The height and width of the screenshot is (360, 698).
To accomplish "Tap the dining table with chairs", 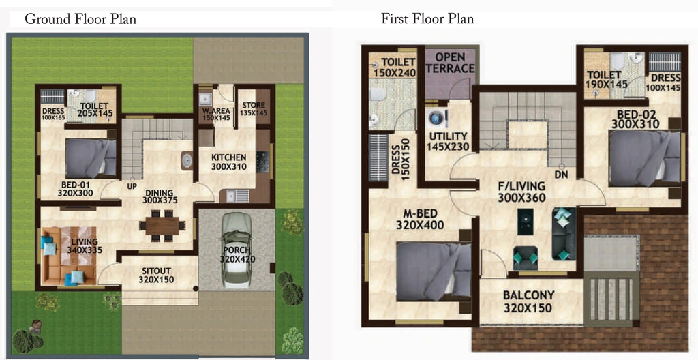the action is tap(162, 226).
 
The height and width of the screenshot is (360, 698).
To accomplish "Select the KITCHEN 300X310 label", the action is tap(229, 162).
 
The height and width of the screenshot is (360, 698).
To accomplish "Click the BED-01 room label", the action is tap(75, 188).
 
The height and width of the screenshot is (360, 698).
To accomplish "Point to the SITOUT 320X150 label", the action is tap(156, 275).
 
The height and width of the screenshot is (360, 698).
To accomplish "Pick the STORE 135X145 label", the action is tap(254, 109).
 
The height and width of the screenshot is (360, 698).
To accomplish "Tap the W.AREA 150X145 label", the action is tap(216, 115).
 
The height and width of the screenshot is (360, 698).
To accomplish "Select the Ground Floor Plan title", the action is tap(80, 18).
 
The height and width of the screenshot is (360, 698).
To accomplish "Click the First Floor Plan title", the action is tap(427, 18).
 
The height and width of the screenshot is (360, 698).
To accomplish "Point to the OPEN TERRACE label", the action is tap(450, 63).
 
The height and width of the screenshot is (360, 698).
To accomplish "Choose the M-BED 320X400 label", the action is tap(420, 220).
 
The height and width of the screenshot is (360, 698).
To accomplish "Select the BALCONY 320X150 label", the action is tap(528, 301).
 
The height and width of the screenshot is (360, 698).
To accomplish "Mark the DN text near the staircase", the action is tap(562, 175).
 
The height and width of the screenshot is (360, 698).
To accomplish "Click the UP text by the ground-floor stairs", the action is tap(132, 186).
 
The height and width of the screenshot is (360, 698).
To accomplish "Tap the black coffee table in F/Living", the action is tap(526, 222).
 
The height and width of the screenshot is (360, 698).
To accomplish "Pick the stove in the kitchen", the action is tap(262, 162).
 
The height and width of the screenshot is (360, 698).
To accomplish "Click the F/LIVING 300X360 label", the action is tap(521, 192).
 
